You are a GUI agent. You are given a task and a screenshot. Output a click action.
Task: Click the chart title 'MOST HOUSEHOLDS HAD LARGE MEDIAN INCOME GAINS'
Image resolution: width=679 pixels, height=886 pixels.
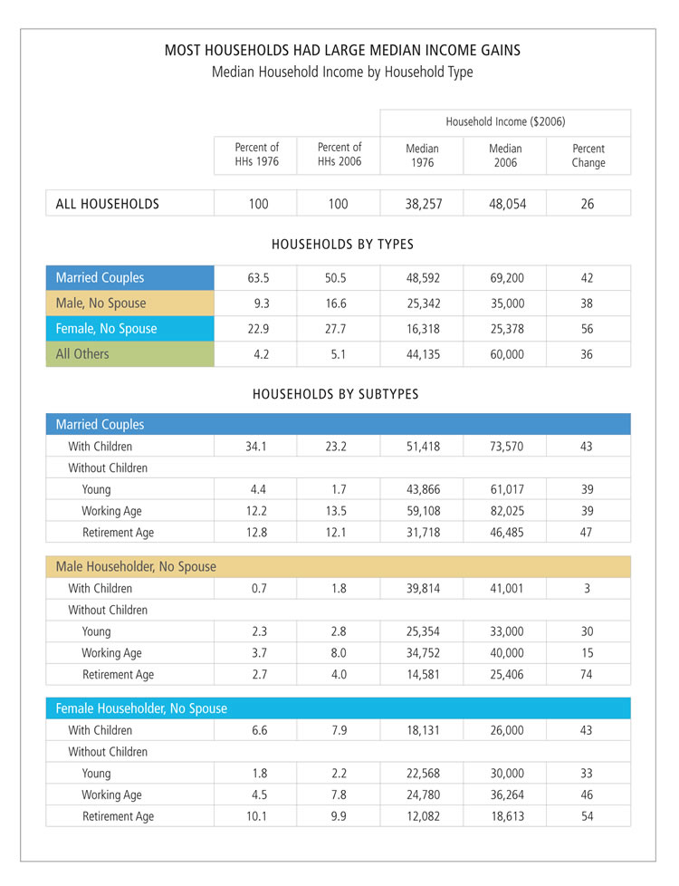[341, 51]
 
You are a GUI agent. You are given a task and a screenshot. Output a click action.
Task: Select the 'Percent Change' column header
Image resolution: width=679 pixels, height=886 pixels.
[588, 156]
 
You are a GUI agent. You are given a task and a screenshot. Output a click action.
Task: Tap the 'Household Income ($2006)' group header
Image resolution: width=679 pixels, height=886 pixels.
[505, 121]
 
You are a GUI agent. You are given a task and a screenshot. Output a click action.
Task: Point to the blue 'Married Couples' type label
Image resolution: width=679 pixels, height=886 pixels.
[100, 277]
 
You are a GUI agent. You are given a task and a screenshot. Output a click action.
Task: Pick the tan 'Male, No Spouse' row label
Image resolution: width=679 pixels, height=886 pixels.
[100, 303]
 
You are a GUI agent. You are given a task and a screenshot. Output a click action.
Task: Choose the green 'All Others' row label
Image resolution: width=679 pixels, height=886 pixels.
[82, 353]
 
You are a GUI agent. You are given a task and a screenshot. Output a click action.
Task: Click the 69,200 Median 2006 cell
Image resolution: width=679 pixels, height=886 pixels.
[505, 278]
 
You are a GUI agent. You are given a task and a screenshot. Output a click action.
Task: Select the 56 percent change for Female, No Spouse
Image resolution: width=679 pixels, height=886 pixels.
[587, 329]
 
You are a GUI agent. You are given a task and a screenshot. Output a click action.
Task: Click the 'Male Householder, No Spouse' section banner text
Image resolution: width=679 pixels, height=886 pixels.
[136, 566]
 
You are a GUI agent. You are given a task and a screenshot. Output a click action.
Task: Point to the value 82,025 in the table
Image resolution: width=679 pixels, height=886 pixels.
[505, 511]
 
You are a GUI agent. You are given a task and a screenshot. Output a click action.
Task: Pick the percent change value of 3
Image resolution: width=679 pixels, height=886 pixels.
[587, 589]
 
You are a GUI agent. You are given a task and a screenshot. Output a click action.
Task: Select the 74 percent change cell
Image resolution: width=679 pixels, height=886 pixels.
[587, 675]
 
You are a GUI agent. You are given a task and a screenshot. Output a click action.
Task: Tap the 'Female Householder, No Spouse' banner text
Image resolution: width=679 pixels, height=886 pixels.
[141, 708]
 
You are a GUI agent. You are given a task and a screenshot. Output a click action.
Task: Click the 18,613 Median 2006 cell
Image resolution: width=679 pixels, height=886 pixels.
[505, 816]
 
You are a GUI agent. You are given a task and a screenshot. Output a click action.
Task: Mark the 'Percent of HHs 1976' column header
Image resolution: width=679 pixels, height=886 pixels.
[257, 155]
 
